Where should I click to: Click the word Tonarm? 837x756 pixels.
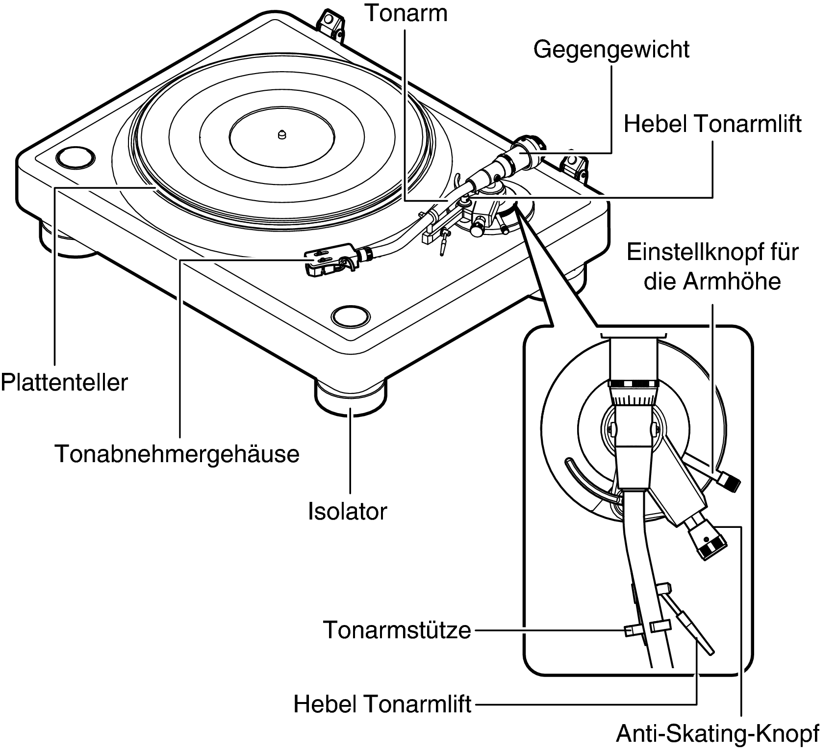tap(406, 13)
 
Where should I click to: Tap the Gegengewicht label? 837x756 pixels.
tap(611, 50)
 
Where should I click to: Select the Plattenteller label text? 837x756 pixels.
tap(64, 382)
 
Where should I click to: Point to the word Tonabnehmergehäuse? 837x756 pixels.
tap(177, 454)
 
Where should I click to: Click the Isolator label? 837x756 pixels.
tap(347, 511)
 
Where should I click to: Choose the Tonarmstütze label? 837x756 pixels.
tap(397, 629)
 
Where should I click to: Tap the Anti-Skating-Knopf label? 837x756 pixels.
tap(717, 734)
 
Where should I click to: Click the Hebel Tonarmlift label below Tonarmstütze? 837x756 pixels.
tap(382, 704)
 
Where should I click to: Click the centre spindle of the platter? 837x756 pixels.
tap(281, 133)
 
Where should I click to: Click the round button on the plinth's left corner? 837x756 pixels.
tap(75, 157)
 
